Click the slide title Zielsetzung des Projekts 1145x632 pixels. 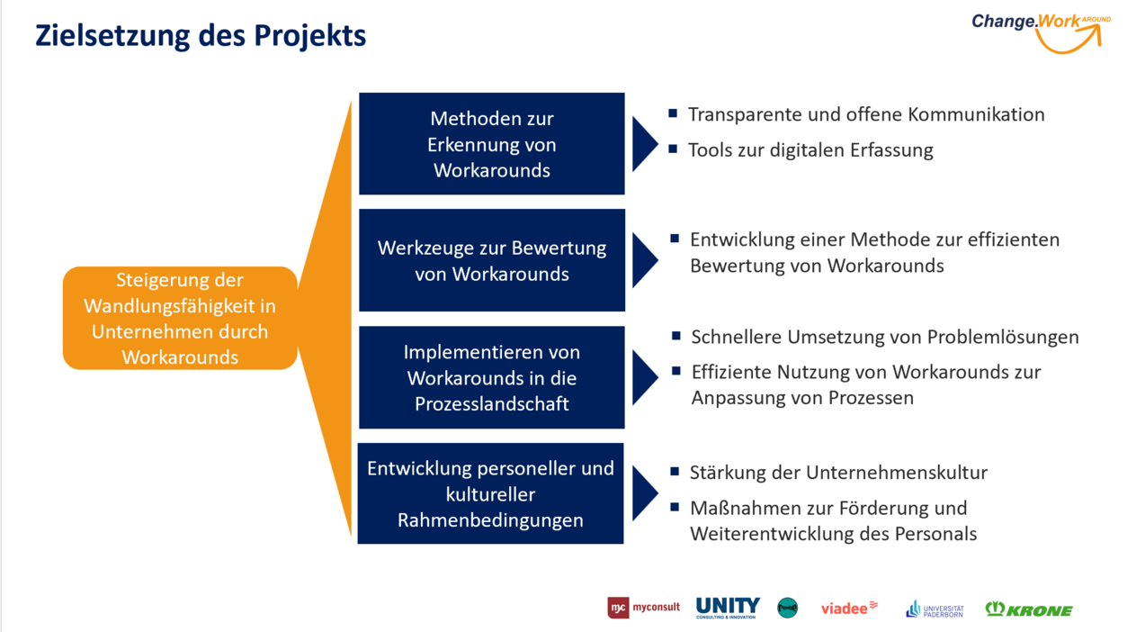click(x=201, y=36)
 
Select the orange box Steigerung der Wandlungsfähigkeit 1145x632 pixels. click(x=180, y=318)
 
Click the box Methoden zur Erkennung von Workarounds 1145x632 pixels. click(x=491, y=144)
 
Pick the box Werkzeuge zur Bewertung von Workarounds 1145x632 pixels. click(x=491, y=260)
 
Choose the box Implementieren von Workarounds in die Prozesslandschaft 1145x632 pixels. click(x=491, y=377)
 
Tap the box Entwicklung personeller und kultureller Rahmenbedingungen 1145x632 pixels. click(x=490, y=493)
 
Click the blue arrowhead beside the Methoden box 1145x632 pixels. click(x=644, y=143)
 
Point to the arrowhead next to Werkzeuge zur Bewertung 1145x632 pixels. click(x=644, y=260)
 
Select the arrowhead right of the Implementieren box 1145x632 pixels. click(x=644, y=377)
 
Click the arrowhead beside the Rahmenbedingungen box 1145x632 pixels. click(x=644, y=493)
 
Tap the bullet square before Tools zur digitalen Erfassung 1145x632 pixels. click(x=673, y=149)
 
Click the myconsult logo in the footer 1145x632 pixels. click(x=643, y=608)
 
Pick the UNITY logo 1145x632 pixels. click(x=728, y=608)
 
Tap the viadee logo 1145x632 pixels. click(x=849, y=608)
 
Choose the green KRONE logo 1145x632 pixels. click(x=1029, y=609)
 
